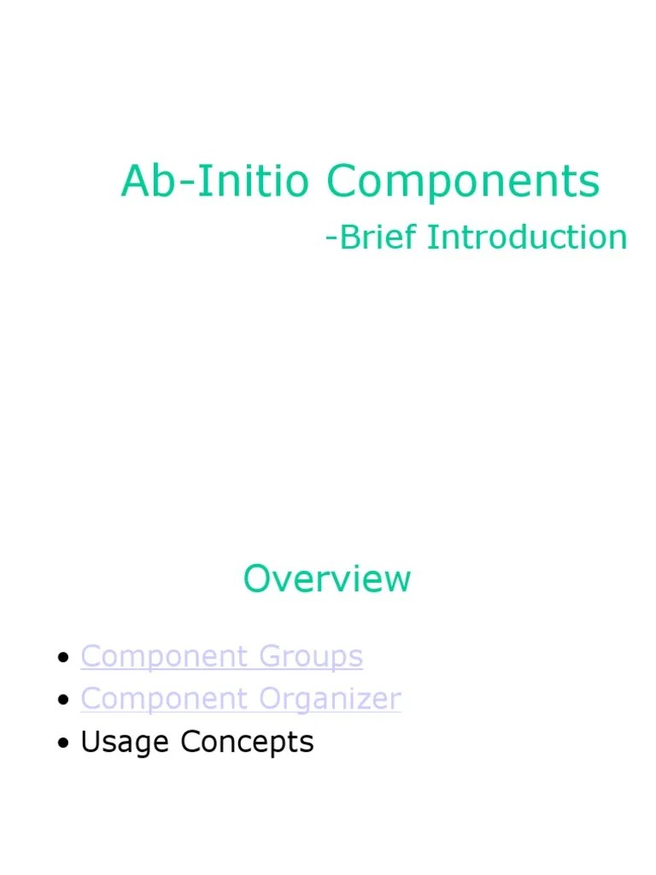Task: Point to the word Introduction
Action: point(527,237)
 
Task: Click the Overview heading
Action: point(327,578)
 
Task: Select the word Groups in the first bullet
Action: point(311,657)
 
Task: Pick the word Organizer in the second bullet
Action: point(330,700)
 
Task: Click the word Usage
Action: point(126,743)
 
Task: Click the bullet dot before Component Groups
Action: point(62,658)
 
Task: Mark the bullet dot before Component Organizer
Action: point(62,701)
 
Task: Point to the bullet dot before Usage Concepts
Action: point(62,743)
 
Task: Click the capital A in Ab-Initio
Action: point(135,181)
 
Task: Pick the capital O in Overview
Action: point(257,578)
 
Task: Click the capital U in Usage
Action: point(90,741)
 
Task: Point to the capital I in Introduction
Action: point(431,237)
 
